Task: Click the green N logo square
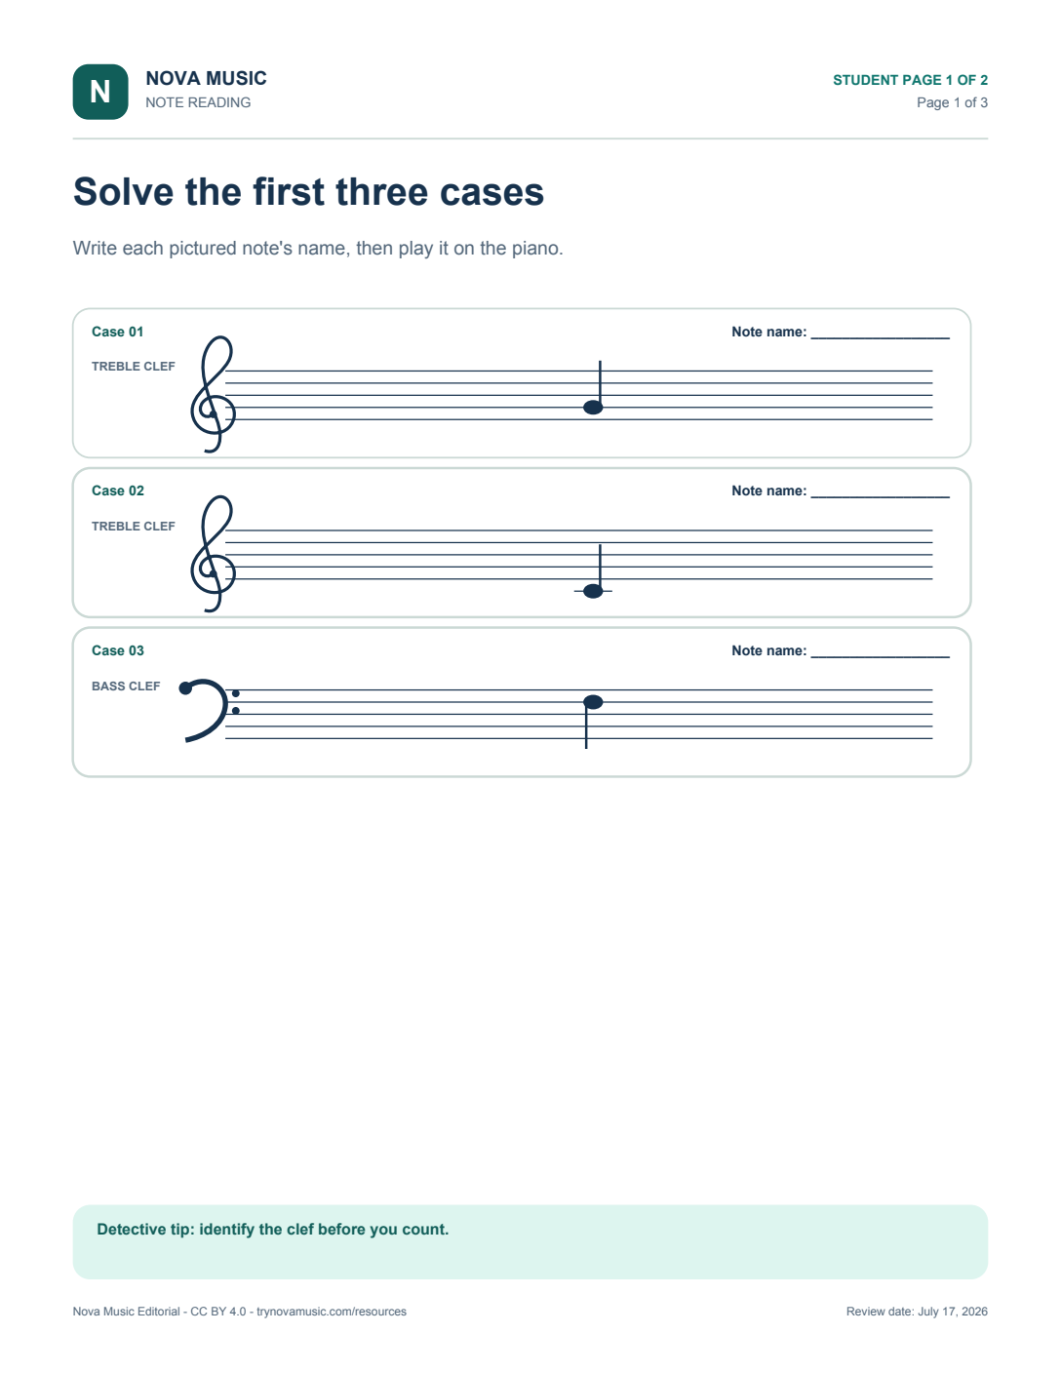coord(99,92)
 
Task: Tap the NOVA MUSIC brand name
coord(206,78)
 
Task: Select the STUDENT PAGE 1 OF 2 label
coord(910,80)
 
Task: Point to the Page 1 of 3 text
coord(952,102)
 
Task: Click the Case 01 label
coord(118,332)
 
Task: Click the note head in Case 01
coord(593,408)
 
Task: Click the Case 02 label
coord(118,490)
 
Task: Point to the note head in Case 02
coord(593,591)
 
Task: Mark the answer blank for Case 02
coord(881,497)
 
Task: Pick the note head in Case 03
coord(593,702)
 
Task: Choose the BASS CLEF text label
coord(126,686)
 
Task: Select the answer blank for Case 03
coord(881,657)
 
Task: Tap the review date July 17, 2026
coord(953,1312)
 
